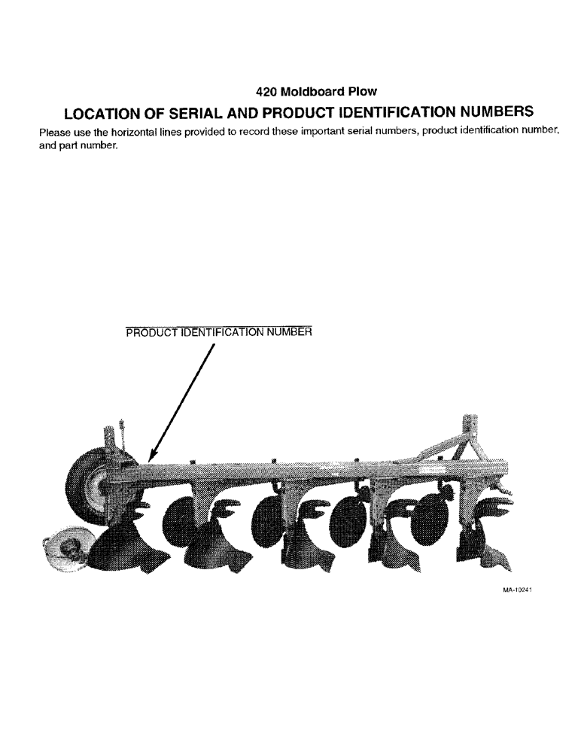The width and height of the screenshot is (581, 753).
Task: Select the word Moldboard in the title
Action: click(312, 92)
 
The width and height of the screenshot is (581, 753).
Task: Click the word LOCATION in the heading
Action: click(106, 113)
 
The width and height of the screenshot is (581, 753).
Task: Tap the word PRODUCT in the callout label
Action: click(151, 332)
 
